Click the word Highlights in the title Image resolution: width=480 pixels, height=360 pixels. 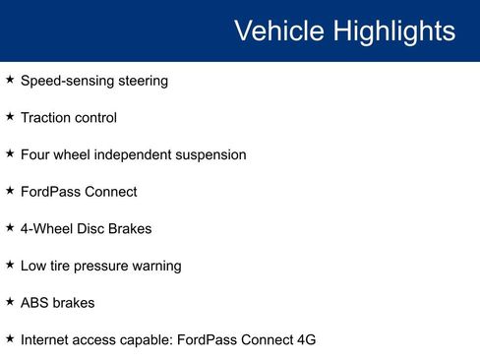[393, 31]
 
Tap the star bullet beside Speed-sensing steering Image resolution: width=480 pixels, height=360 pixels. [10, 80]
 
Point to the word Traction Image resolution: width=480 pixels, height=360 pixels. [46, 118]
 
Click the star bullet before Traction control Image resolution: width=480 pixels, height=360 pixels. [10, 117]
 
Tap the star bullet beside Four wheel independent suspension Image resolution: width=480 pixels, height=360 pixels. [10, 154]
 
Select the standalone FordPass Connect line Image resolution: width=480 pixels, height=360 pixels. [79, 192]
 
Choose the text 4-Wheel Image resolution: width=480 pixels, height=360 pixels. [46, 229]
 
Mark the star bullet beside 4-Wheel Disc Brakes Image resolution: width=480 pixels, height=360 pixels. [10, 228]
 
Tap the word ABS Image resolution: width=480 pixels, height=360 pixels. [34, 303]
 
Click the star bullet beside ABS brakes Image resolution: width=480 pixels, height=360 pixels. [10, 302]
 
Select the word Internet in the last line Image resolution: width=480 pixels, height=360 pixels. [45, 340]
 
